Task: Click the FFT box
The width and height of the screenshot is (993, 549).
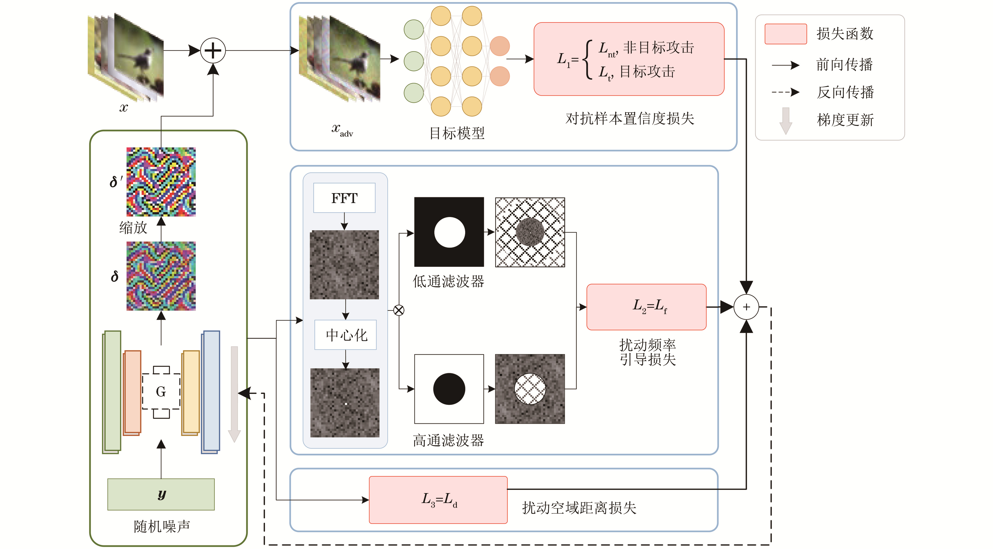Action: pyautogui.click(x=344, y=198)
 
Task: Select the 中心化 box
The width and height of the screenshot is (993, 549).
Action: pyautogui.click(x=346, y=335)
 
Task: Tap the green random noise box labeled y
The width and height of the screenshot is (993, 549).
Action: pyautogui.click(x=161, y=494)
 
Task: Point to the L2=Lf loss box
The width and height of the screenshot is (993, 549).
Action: pyautogui.click(x=646, y=307)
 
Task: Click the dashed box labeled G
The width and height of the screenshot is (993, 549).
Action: pyautogui.click(x=161, y=391)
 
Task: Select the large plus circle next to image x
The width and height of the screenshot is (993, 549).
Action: pyautogui.click(x=213, y=50)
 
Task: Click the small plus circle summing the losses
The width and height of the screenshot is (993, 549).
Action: pyautogui.click(x=746, y=307)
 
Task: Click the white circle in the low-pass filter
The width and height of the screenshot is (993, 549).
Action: pyautogui.click(x=450, y=232)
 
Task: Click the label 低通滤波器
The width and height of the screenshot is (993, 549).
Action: pyautogui.click(x=448, y=281)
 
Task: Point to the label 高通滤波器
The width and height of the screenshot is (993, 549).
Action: pyautogui.click(x=448, y=440)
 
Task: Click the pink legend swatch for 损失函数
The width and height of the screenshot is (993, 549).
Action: pyautogui.click(x=786, y=34)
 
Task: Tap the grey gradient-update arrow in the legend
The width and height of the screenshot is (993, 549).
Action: pyautogui.click(x=786, y=120)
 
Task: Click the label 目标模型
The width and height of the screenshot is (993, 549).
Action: pyautogui.click(x=457, y=133)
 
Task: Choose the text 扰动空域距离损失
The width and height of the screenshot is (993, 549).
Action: pyautogui.click(x=579, y=508)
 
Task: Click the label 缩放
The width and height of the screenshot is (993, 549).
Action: pyautogui.click(x=133, y=228)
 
